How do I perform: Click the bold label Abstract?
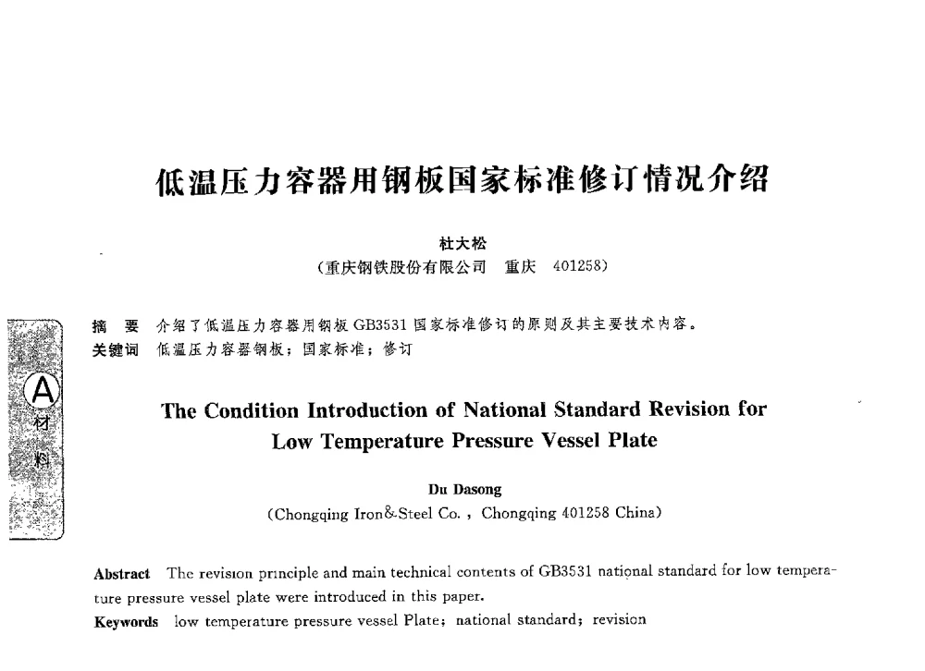point(122,574)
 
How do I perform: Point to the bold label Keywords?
point(127,621)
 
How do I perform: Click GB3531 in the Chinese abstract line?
point(381,325)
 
